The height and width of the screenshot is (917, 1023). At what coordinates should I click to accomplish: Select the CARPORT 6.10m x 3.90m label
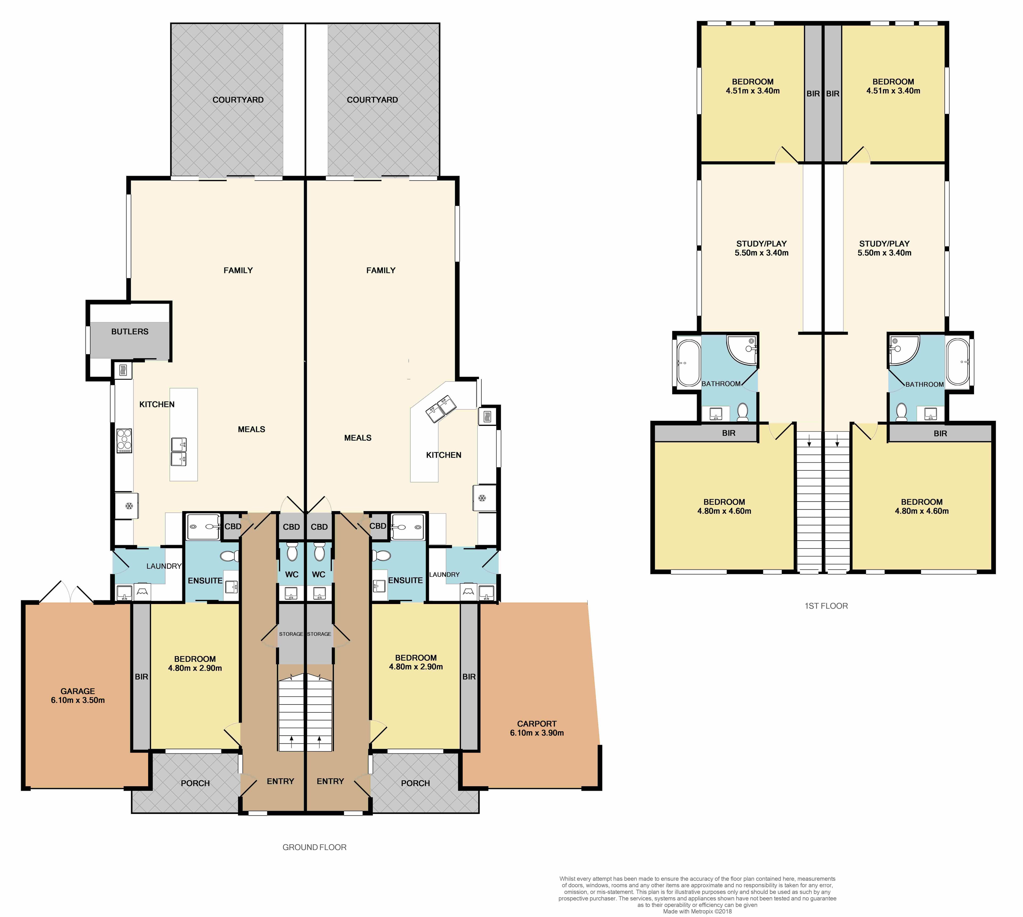[537, 728]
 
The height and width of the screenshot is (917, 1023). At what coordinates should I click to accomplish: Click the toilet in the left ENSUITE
[230, 556]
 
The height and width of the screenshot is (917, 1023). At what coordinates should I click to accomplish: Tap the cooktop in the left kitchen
[124, 440]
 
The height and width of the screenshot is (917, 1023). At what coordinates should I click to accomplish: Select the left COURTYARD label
[238, 100]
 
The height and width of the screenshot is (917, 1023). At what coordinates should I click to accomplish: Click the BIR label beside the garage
[142, 677]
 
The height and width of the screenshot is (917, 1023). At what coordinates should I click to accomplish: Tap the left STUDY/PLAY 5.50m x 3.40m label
[761, 248]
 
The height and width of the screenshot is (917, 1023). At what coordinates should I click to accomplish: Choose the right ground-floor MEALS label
[358, 438]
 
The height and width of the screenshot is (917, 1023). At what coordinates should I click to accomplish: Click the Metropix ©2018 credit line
[697, 911]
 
